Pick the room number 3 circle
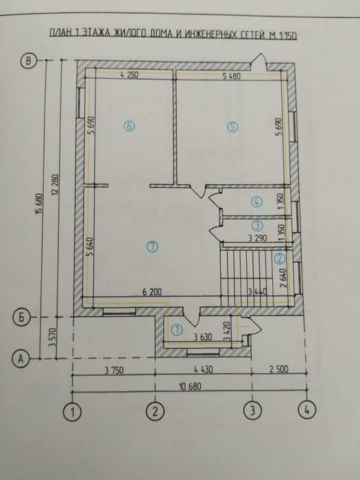click(256, 225)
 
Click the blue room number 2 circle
click(279, 259)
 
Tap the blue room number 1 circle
click(176, 330)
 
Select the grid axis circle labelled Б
click(22, 317)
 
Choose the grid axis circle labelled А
click(22, 357)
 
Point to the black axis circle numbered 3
click(253, 411)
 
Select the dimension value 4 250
click(129, 75)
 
